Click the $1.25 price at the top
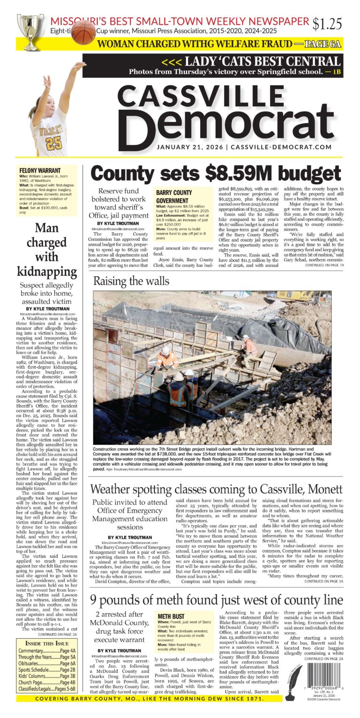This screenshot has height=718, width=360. [x=328, y=23]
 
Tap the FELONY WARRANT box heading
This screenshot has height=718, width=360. [x=40, y=170]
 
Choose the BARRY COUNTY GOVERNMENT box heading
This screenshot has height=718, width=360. [x=173, y=196]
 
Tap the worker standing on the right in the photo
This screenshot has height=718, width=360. [x=249, y=347]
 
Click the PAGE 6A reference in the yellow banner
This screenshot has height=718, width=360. [x=322, y=45]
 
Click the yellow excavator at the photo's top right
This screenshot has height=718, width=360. [x=295, y=295]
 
